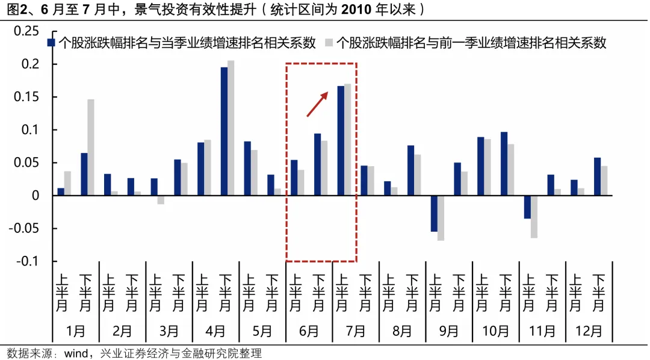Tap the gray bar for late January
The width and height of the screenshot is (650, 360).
tap(91, 147)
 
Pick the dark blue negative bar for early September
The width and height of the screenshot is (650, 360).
tap(434, 214)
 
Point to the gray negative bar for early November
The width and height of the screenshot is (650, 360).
tap(534, 217)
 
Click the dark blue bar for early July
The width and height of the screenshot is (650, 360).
tap(341, 141)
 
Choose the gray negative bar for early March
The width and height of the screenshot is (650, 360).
tap(161, 200)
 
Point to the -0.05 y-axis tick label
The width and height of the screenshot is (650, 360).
tap(25, 229)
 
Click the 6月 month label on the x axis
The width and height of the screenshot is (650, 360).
tap(309, 331)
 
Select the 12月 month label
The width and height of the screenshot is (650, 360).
tap(589, 331)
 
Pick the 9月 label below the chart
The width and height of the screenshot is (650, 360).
tap(448, 331)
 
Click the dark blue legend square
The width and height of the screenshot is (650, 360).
tap(52, 43)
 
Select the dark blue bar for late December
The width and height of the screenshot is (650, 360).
tap(597, 176)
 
